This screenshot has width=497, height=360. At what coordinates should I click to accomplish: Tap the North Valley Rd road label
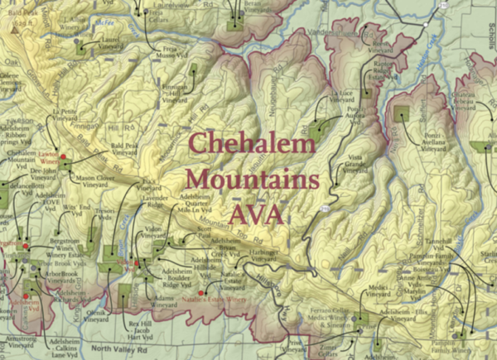click(x=123, y=349)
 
